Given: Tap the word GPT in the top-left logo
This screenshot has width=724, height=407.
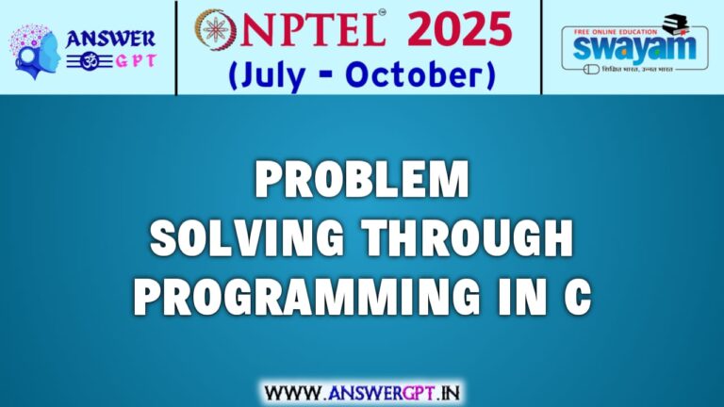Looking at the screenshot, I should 128,62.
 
